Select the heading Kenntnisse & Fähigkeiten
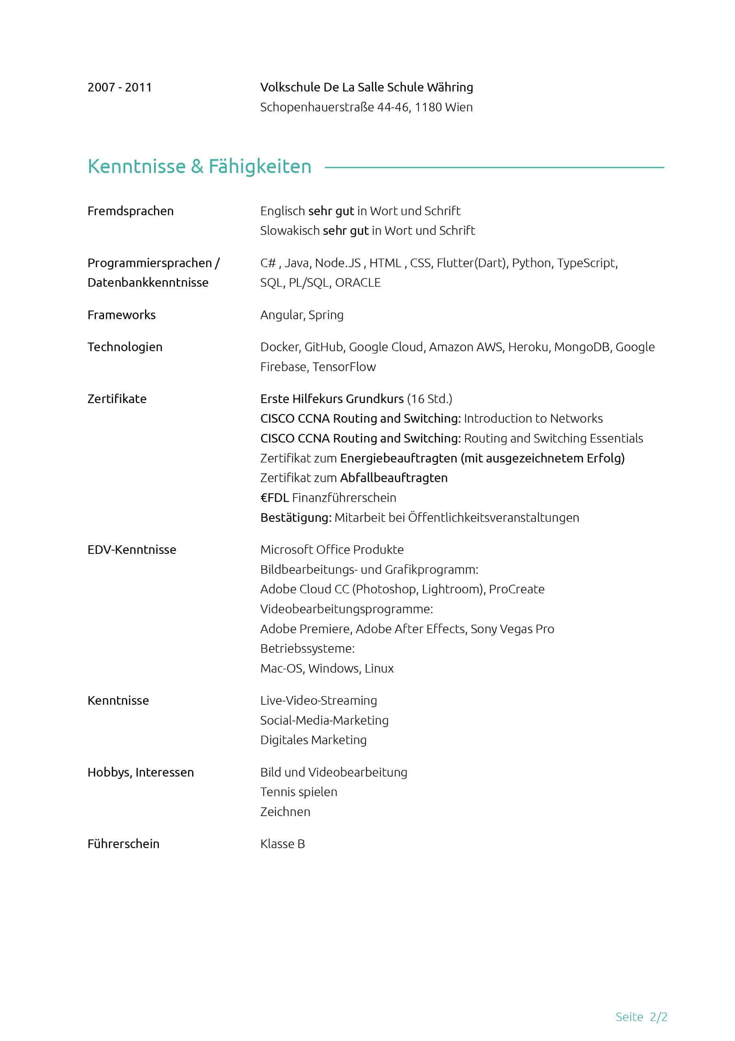pyautogui.click(x=199, y=166)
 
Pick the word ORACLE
pyautogui.click(x=358, y=283)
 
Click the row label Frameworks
pyautogui.click(x=121, y=315)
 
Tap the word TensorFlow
pyautogui.click(x=345, y=367)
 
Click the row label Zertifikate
pyautogui.click(x=117, y=399)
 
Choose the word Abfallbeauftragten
pyautogui.click(x=394, y=478)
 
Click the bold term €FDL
pyautogui.click(x=275, y=498)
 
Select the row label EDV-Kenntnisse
pyautogui.click(x=132, y=549)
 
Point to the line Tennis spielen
pyautogui.click(x=299, y=792)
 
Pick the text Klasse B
pyautogui.click(x=283, y=844)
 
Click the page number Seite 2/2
pyautogui.click(x=641, y=1017)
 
